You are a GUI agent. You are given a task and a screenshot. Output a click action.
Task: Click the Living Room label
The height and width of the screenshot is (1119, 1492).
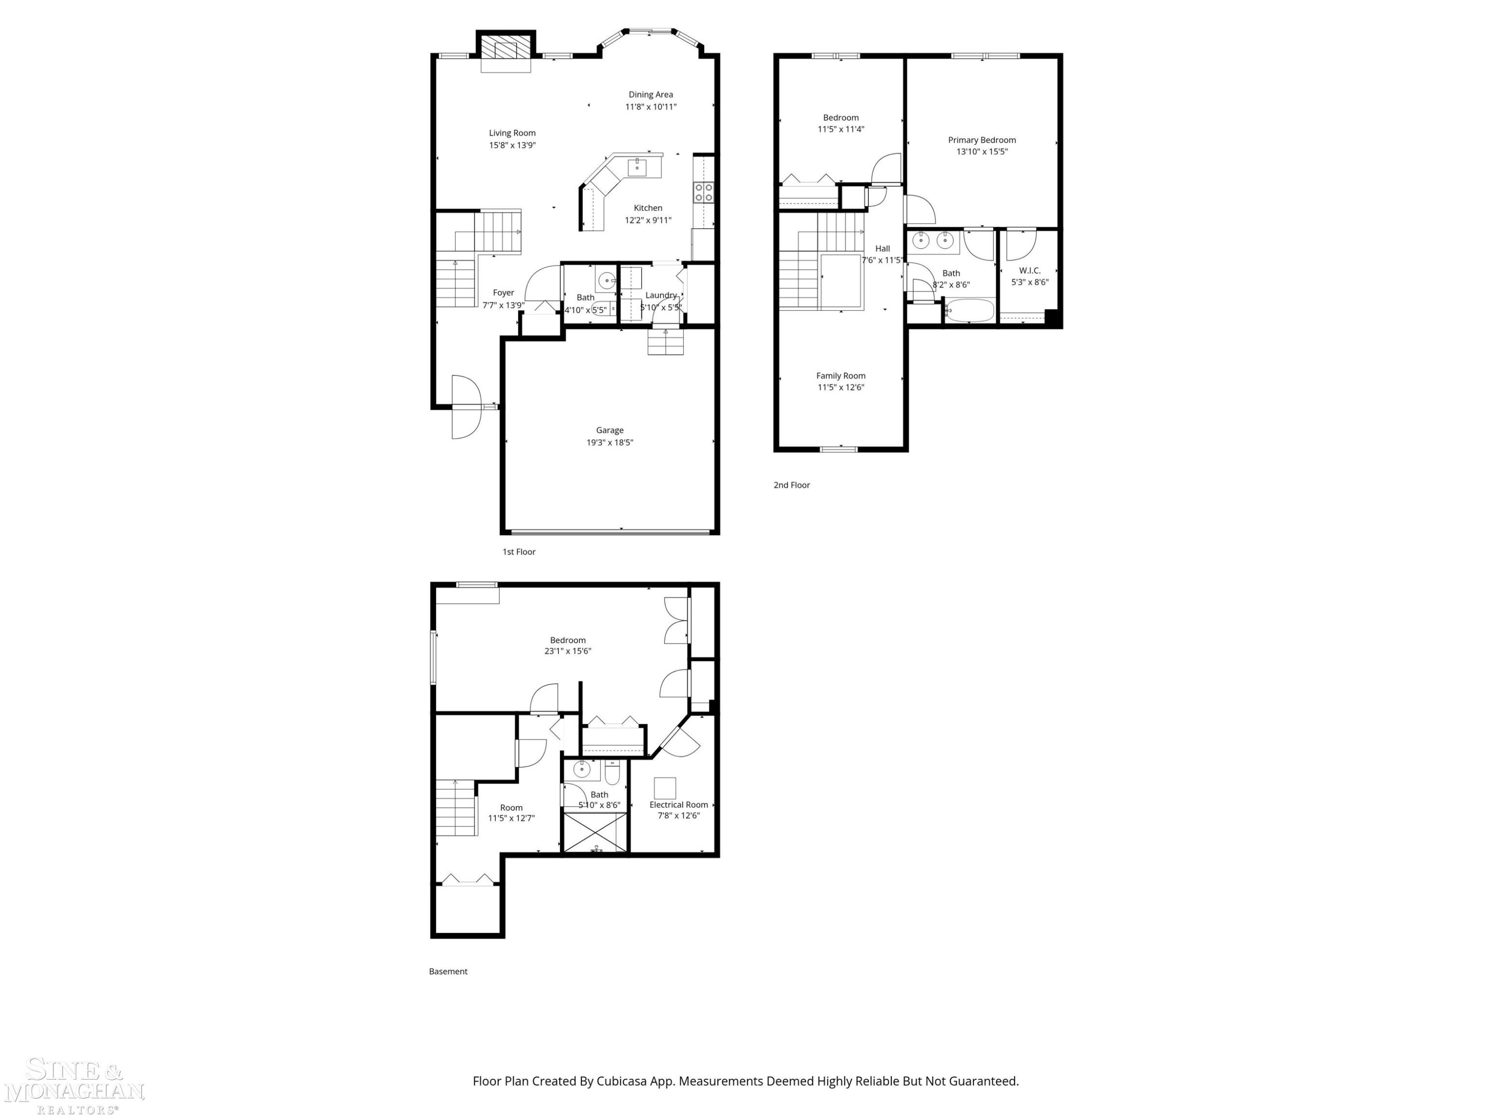click(512, 133)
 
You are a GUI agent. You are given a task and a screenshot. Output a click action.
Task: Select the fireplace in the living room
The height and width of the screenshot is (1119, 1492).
click(506, 51)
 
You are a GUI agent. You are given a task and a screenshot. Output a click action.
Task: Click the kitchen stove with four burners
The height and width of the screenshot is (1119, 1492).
click(704, 192)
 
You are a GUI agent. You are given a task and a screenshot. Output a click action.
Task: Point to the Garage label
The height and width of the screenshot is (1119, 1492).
click(610, 430)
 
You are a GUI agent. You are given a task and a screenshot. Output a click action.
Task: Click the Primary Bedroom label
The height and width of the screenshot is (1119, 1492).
click(981, 140)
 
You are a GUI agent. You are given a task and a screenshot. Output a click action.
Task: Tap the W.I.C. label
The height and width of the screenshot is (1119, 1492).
click(1030, 271)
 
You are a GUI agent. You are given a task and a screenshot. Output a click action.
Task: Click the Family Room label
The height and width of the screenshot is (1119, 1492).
click(840, 375)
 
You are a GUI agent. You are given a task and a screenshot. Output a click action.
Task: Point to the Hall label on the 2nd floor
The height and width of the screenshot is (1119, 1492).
click(882, 248)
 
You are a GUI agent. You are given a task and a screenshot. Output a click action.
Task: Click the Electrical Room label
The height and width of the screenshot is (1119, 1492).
click(678, 805)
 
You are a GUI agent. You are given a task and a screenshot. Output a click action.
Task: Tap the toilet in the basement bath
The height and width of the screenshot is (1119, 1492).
click(612, 772)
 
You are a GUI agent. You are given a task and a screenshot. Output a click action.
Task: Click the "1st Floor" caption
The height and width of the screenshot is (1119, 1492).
click(519, 552)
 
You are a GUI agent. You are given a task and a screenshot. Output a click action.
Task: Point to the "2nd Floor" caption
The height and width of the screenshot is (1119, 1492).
click(792, 485)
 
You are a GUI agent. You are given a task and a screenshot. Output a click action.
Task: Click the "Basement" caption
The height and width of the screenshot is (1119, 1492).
click(448, 971)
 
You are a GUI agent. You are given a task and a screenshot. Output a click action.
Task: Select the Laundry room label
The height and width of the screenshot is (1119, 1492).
click(661, 295)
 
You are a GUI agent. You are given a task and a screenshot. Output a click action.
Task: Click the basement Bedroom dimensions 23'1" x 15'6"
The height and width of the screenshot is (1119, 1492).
click(568, 651)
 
